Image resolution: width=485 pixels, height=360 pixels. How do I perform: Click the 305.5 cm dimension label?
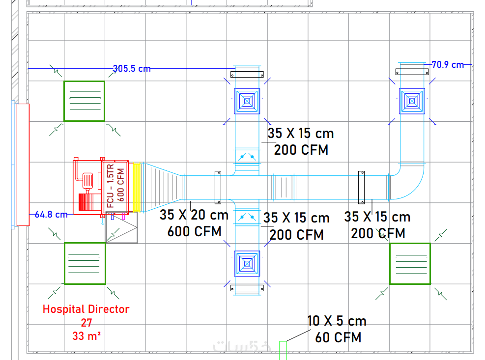click(132, 68)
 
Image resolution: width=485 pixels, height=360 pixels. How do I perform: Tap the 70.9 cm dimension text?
click(448, 65)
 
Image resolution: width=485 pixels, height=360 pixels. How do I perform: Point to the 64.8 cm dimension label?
click(51, 214)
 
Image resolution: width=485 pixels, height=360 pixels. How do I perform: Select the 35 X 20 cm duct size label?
click(194, 215)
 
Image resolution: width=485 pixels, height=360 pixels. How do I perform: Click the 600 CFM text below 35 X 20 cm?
click(195, 231)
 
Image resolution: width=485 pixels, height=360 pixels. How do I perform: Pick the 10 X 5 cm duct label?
click(337, 321)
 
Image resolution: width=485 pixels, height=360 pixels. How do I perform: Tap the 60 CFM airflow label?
click(338, 337)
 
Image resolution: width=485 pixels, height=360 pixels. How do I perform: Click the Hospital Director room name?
click(86, 309)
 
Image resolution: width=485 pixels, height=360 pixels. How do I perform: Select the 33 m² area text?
click(86, 336)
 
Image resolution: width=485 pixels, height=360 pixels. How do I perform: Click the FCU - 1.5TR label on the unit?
click(111, 186)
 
